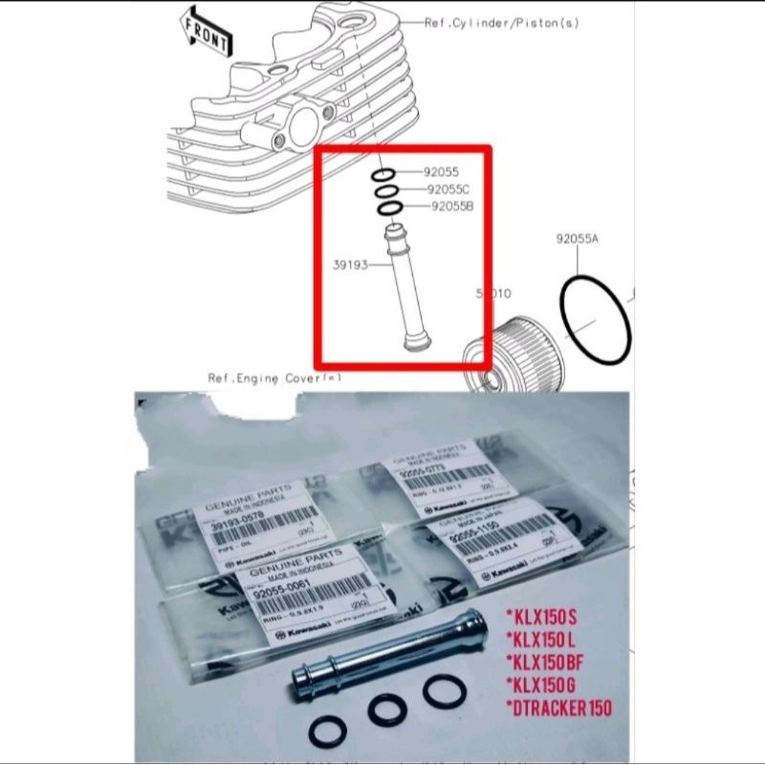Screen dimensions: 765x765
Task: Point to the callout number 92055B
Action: pyautogui.click(x=453, y=206)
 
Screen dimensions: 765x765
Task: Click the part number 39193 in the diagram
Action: pyautogui.click(x=348, y=264)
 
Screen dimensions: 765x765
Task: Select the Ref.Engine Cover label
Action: pyautogui.click(x=273, y=378)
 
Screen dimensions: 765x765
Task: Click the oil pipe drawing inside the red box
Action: pyautogui.click(x=400, y=287)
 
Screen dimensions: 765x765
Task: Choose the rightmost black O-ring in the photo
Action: pyautogui.click(x=446, y=694)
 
